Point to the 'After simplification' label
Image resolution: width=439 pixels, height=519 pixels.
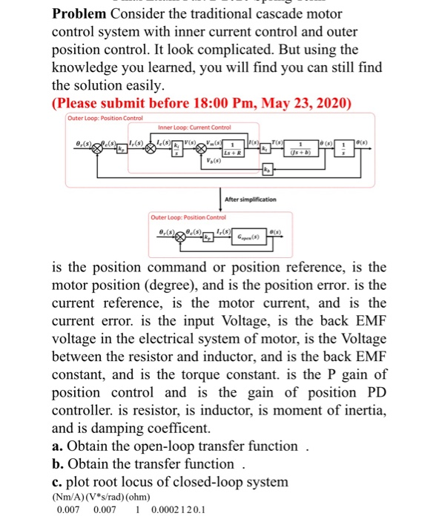249,199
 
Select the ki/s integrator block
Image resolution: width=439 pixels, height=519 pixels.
176,148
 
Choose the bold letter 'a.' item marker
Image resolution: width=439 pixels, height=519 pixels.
58,446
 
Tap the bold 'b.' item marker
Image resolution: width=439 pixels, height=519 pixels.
58,464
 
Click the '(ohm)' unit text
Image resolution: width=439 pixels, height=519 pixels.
134,497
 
